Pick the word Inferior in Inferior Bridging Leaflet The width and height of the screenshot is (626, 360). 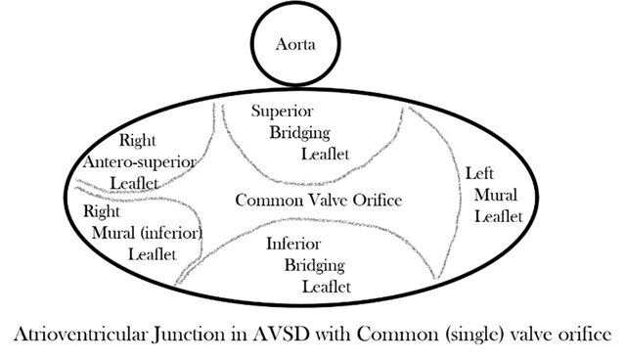[x=292, y=243]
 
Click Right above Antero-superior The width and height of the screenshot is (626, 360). [x=138, y=139]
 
